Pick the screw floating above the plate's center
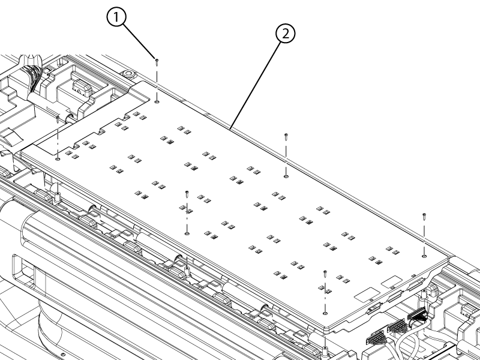click(x=187, y=193)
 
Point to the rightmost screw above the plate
click(x=424, y=214)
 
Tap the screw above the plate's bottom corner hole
click(x=325, y=273)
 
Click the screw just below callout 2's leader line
click(x=286, y=136)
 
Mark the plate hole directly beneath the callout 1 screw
click(x=157, y=102)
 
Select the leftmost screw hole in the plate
click(x=58, y=159)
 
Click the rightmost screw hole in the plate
click(x=424, y=256)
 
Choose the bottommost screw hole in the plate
click(x=325, y=313)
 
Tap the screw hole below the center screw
click(x=187, y=233)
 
